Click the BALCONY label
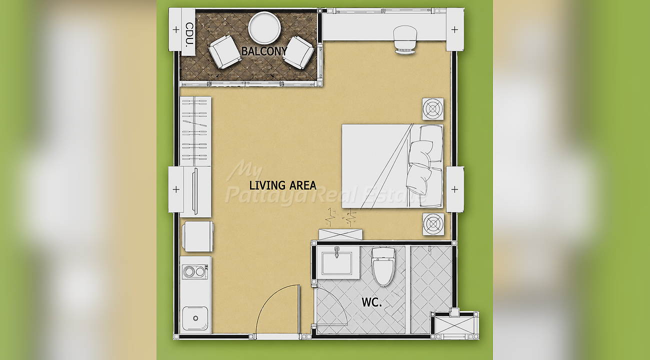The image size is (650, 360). [264, 51]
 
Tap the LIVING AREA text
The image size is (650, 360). [283, 185]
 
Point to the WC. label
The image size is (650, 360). [371, 302]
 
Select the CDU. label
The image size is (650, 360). [189, 35]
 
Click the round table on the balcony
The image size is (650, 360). [264, 28]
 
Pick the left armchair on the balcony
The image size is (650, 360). [225, 52]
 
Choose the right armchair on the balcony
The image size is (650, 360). [298, 52]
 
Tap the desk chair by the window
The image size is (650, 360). [405, 39]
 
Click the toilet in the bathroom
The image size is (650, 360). [383, 266]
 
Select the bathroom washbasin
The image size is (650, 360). [337, 263]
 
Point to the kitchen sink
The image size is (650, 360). [195, 318]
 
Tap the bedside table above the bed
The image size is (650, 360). [433, 109]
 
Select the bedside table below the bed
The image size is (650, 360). [433, 224]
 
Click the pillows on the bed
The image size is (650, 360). [424, 165]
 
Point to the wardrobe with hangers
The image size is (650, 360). [195, 131]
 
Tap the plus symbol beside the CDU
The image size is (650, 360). [176, 29]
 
